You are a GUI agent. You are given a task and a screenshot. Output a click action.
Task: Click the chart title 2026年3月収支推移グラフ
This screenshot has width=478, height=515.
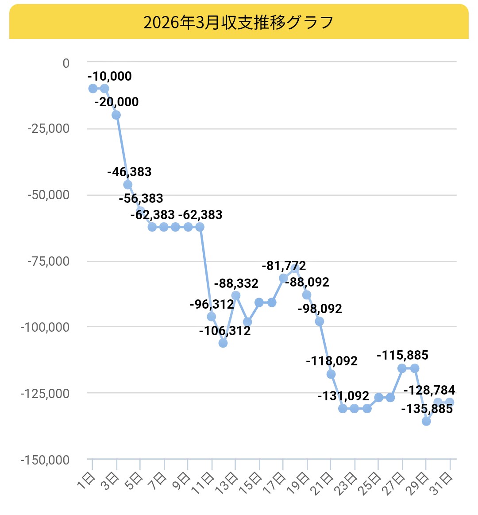click(239, 22)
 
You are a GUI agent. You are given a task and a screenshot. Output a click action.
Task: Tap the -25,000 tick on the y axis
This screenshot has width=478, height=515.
click(49, 128)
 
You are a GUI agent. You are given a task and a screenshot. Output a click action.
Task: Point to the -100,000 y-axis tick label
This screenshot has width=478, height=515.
click(45, 327)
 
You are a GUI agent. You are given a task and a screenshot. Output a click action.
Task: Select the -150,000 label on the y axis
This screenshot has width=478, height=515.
click(45, 460)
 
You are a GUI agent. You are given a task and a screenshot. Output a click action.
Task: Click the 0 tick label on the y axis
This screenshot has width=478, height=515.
click(66, 63)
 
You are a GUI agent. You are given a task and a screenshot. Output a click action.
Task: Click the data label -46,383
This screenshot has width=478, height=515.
click(129, 172)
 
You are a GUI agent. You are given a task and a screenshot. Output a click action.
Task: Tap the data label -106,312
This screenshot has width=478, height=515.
click(225, 331)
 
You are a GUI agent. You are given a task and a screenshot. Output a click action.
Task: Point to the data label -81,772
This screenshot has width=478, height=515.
click(284, 266)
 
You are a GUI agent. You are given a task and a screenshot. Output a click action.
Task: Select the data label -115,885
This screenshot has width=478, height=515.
click(402, 355)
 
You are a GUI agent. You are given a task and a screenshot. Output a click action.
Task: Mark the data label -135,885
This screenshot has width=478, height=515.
click(427, 409)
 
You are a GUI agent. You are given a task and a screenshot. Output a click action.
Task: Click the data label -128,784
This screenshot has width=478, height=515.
click(429, 390)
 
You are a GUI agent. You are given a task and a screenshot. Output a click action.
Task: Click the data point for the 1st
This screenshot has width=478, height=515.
click(93, 89)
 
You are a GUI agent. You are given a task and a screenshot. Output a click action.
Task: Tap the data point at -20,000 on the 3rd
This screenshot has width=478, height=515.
click(116, 115)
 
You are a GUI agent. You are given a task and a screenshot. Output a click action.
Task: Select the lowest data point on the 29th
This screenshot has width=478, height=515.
click(426, 421)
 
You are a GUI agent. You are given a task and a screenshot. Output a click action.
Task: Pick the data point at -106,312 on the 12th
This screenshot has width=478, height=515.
click(223, 343)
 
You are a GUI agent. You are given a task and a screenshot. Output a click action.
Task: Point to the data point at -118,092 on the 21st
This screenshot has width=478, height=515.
click(331, 374)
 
